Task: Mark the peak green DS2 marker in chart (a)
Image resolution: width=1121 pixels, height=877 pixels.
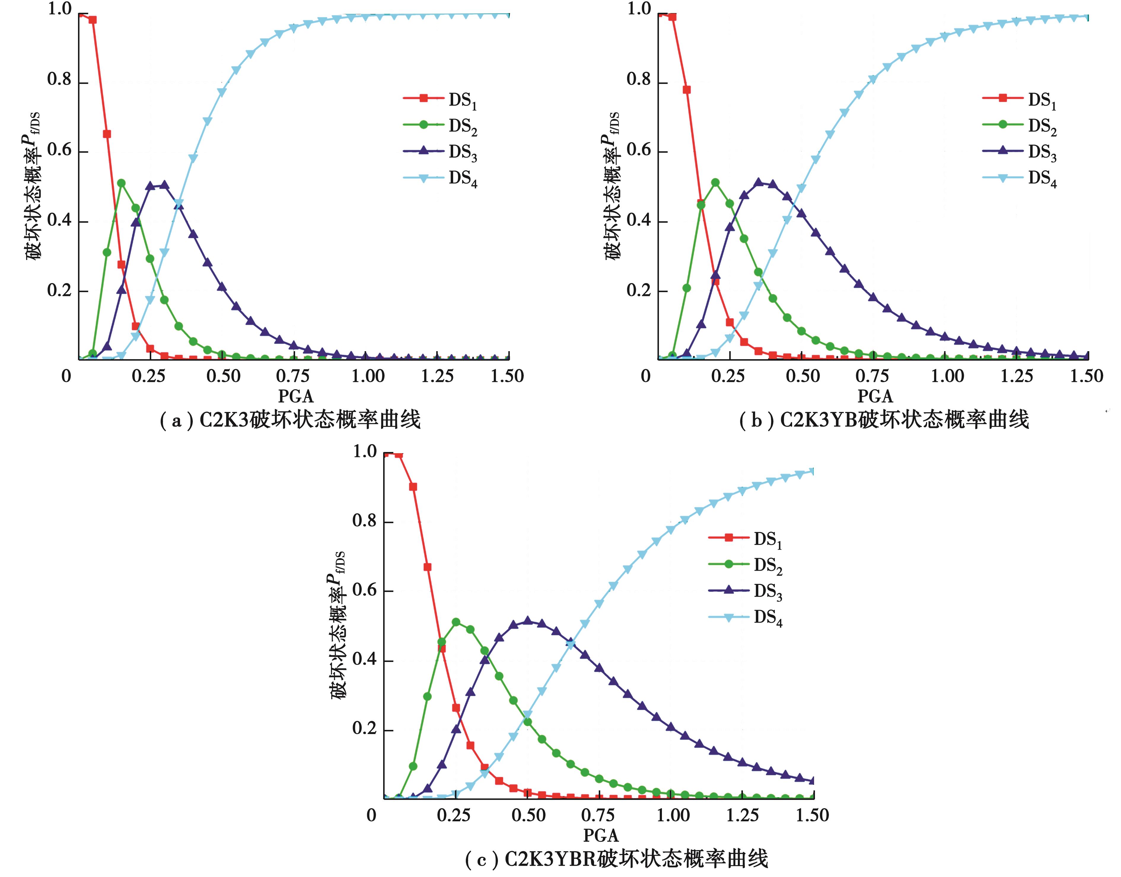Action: point(121,183)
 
